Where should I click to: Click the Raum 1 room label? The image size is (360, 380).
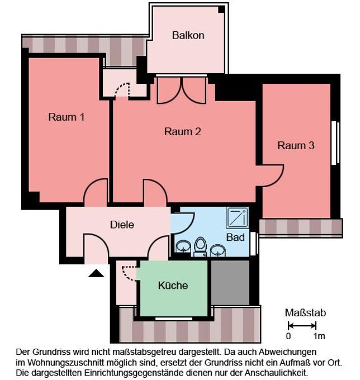67,117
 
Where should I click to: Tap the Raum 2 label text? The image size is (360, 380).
182,132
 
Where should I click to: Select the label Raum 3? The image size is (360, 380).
296,146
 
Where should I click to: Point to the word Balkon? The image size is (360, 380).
188,35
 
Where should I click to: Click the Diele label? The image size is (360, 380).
122,225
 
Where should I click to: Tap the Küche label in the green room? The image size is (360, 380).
173,286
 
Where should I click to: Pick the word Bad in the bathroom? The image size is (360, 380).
235,237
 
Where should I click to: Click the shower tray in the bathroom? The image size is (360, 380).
237,217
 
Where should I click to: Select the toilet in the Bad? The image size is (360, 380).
200,245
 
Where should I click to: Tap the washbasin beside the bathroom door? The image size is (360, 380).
183,246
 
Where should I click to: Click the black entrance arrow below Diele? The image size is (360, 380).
96,273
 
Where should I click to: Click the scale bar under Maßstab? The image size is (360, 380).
302,326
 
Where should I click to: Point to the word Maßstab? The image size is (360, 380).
305,313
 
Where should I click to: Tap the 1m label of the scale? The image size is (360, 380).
319,336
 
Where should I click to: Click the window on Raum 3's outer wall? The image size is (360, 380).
335,142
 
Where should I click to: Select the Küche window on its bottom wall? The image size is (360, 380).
173,319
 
